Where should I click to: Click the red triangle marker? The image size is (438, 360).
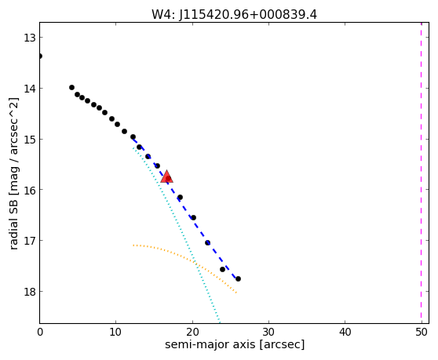click(x=166, y=176)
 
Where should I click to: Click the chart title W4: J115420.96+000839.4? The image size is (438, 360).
click(x=234, y=15)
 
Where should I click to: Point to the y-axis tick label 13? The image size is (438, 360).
click(x=30, y=38)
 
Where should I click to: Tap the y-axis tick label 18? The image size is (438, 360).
click(x=30, y=291)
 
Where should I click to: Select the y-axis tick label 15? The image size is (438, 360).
click(x=30, y=139)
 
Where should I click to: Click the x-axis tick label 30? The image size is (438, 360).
click(x=268, y=332)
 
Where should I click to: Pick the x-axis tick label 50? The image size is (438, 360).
click(x=422, y=332)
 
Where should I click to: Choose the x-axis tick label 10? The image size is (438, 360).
click(x=115, y=332)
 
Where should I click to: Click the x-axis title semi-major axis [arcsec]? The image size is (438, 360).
click(x=235, y=344)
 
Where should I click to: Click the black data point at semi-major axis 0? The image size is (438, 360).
click(x=40, y=56)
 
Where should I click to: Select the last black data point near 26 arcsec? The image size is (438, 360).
click(x=238, y=278)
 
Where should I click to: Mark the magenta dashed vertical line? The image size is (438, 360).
click(x=422, y=173)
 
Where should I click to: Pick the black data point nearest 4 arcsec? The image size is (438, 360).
click(x=71, y=88)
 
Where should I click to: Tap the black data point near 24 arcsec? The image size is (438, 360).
click(x=223, y=269)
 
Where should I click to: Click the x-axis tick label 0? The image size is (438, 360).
click(x=40, y=332)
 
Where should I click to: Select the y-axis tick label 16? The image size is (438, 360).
click(x=30, y=190)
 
